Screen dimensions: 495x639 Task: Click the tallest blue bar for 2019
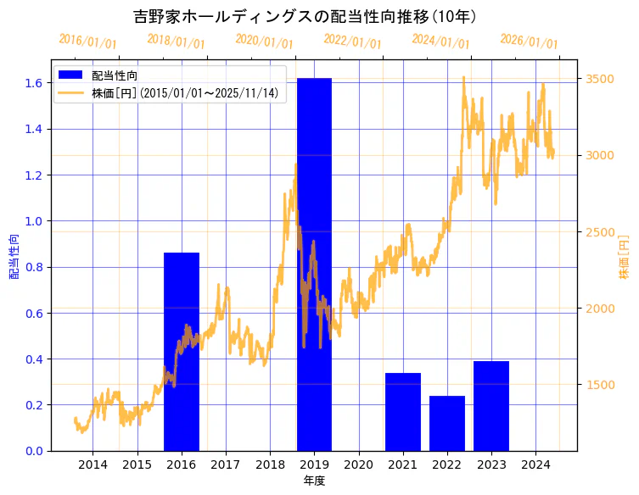tap(314, 264)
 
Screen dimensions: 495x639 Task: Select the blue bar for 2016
tap(181, 351)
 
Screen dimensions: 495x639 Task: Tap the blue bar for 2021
tap(402, 411)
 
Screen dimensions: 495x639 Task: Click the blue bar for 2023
tap(491, 405)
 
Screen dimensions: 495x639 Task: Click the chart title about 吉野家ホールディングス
tap(305, 16)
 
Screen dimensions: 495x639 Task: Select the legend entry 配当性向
tap(115, 76)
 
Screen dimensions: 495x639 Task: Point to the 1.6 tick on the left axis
tap(34, 83)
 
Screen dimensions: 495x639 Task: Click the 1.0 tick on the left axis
tap(34, 221)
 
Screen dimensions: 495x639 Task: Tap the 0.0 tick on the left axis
tap(34, 451)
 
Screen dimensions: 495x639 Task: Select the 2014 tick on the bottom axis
tap(92, 464)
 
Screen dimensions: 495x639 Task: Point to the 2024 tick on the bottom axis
tap(535, 464)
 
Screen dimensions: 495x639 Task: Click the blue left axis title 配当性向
tap(14, 256)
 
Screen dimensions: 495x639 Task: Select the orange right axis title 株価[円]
tap(625, 256)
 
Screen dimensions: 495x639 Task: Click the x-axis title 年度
tap(314, 481)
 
